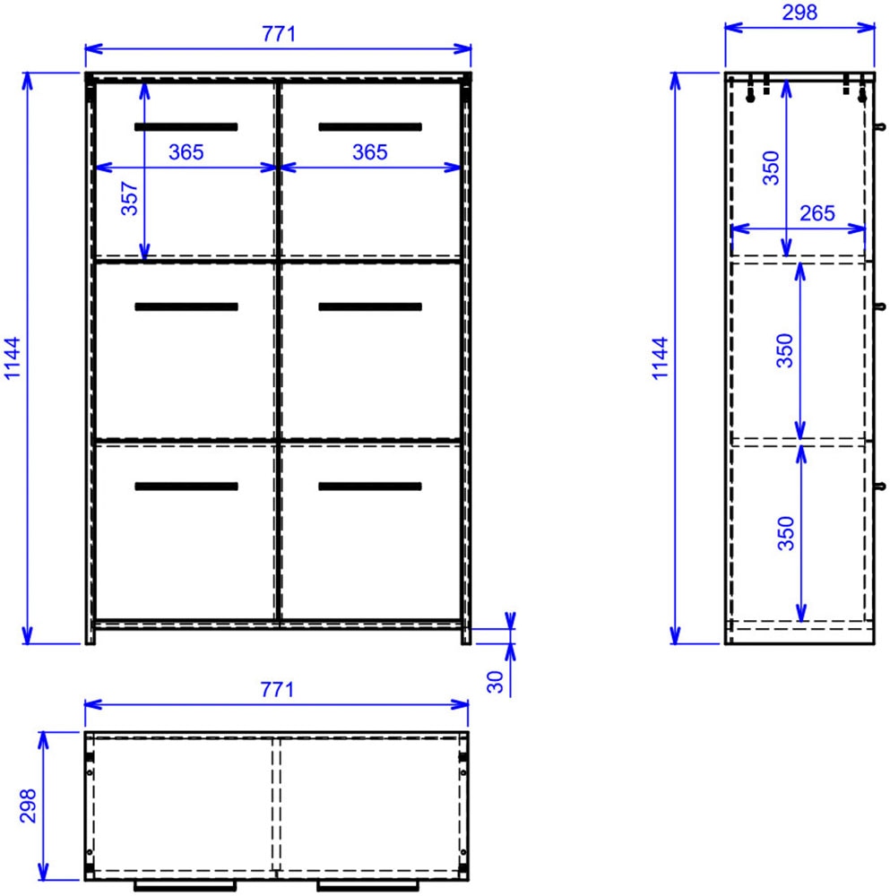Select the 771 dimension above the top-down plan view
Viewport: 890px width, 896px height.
click(278, 689)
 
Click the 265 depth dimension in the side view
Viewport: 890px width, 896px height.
click(816, 213)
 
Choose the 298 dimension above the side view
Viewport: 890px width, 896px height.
click(799, 12)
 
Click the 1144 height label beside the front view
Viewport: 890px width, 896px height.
click(13, 358)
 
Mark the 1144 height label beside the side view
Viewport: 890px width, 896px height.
click(661, 358)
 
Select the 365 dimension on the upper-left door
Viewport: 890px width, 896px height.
click(186, 152)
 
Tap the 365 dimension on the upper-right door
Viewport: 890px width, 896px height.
click(369, 152)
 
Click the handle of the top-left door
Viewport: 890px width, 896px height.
click(186, 126)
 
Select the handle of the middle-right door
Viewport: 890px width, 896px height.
click(369, 306)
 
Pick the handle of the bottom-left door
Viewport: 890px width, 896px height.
click(186, 487)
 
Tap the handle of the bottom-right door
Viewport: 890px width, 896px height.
click(369, 487)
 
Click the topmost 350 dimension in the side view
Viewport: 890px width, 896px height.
click(772, 168)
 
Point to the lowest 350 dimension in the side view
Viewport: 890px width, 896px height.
click(786, 533)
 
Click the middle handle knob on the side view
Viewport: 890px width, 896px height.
click(881, 306)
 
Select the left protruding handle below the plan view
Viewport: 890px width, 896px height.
click(186, 886)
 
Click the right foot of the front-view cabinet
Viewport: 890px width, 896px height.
click(465, 635)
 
